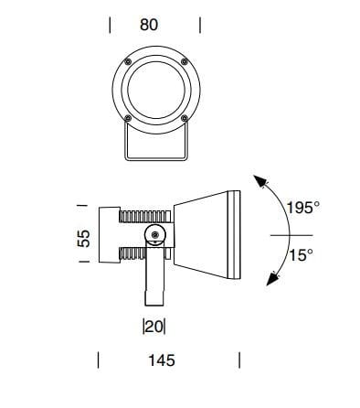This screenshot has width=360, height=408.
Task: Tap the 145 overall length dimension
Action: (161, 361)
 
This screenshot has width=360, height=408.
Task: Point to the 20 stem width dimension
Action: (154, 325)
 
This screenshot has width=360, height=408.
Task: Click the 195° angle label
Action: (302, 209)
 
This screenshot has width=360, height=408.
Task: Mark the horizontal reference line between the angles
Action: (290, 233)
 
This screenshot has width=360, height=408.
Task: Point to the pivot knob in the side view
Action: (155, 236)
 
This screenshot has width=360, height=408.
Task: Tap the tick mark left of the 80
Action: (111, 25)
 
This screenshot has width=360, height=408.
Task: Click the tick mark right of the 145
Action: (238, 361)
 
